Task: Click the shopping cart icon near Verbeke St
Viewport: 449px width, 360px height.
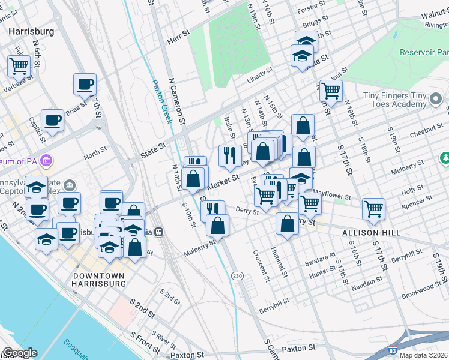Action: click(19, 65)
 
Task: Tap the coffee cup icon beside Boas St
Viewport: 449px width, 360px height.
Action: click(85, 84)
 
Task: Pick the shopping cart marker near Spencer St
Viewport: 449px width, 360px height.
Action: click(373, 209)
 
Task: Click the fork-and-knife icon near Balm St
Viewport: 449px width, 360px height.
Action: click(229, 155)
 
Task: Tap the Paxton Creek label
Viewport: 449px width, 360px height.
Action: click(161, 102)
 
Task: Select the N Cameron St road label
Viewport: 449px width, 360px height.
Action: click(178, 108)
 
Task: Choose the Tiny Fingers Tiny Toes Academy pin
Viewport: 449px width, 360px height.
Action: click(436, 98)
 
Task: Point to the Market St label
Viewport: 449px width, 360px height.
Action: click(226, 178)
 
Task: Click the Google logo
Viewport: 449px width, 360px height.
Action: click(19, 353)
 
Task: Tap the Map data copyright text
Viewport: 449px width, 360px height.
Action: click(423, 355)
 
